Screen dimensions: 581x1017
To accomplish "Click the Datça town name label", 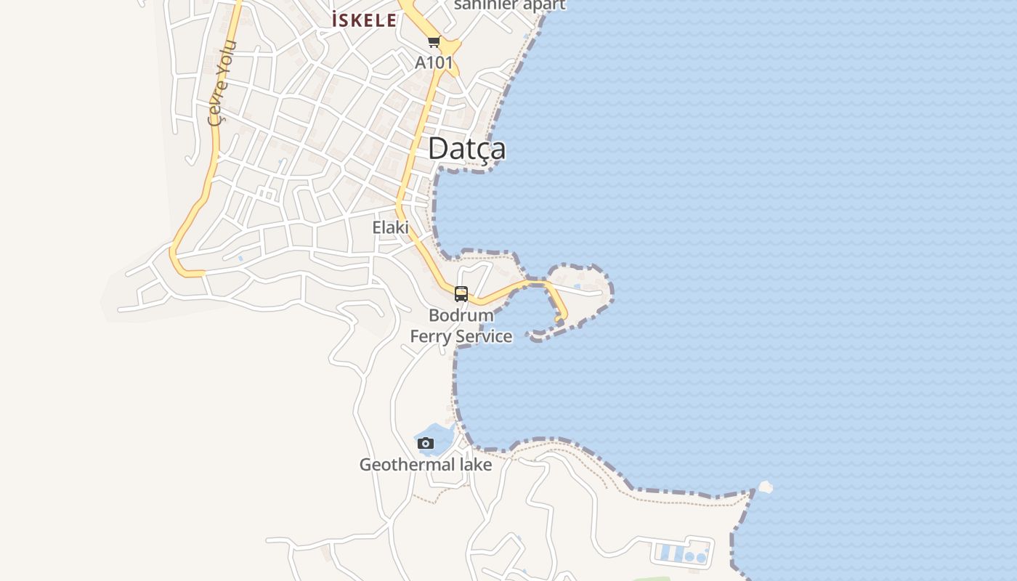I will [x=466, y=149].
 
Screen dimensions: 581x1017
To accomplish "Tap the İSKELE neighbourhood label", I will [x=364, y=20].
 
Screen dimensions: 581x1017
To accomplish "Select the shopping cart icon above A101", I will [x=434, y=42].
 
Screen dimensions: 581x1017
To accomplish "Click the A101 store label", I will [x=434, y=63].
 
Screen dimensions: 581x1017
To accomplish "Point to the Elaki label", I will [x=390, y=227].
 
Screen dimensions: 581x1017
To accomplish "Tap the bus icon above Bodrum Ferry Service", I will [x=461, y=294].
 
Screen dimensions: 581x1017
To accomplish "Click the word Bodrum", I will [x=461, y=315].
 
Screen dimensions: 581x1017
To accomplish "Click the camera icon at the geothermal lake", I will [x=426, y=444].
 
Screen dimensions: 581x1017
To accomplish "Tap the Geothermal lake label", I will [x=426, y=465].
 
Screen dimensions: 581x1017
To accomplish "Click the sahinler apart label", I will [x=509, y=5].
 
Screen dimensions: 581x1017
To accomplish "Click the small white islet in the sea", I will [x=764, y=487].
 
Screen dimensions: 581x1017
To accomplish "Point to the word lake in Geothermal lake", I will [x=473, y=465].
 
